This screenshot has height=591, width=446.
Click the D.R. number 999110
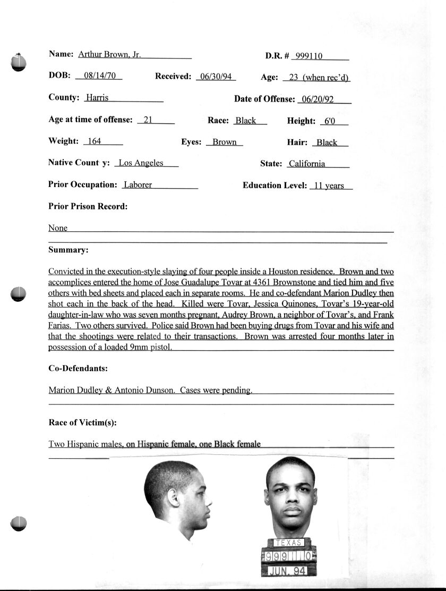(313, 56)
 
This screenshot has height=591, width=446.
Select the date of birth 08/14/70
(99, 76)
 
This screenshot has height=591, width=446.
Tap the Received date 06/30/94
(215, 77)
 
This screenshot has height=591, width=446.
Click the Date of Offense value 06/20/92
(317, 99)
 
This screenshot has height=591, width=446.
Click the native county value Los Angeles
(141, 163)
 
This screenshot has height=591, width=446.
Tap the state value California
(306, 164)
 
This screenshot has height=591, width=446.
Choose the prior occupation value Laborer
(138, 185)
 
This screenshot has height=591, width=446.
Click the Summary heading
(68, 250)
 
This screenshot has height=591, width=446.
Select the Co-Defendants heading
(78, 368)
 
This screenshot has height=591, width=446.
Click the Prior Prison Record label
(88, 206)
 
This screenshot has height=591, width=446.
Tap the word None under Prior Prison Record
(58, 228)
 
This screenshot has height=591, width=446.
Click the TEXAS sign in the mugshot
(289, 543)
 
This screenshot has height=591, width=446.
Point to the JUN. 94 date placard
(289, 571)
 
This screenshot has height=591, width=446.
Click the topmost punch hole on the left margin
(19, 63)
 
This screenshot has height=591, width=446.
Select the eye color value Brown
(225, 142)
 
